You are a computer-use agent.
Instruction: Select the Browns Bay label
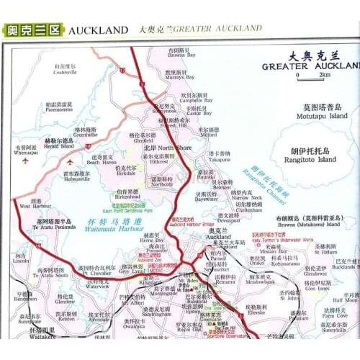coord(182,55)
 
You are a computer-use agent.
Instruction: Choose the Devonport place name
coord(229,220)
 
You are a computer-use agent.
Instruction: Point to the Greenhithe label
coord(85,134)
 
